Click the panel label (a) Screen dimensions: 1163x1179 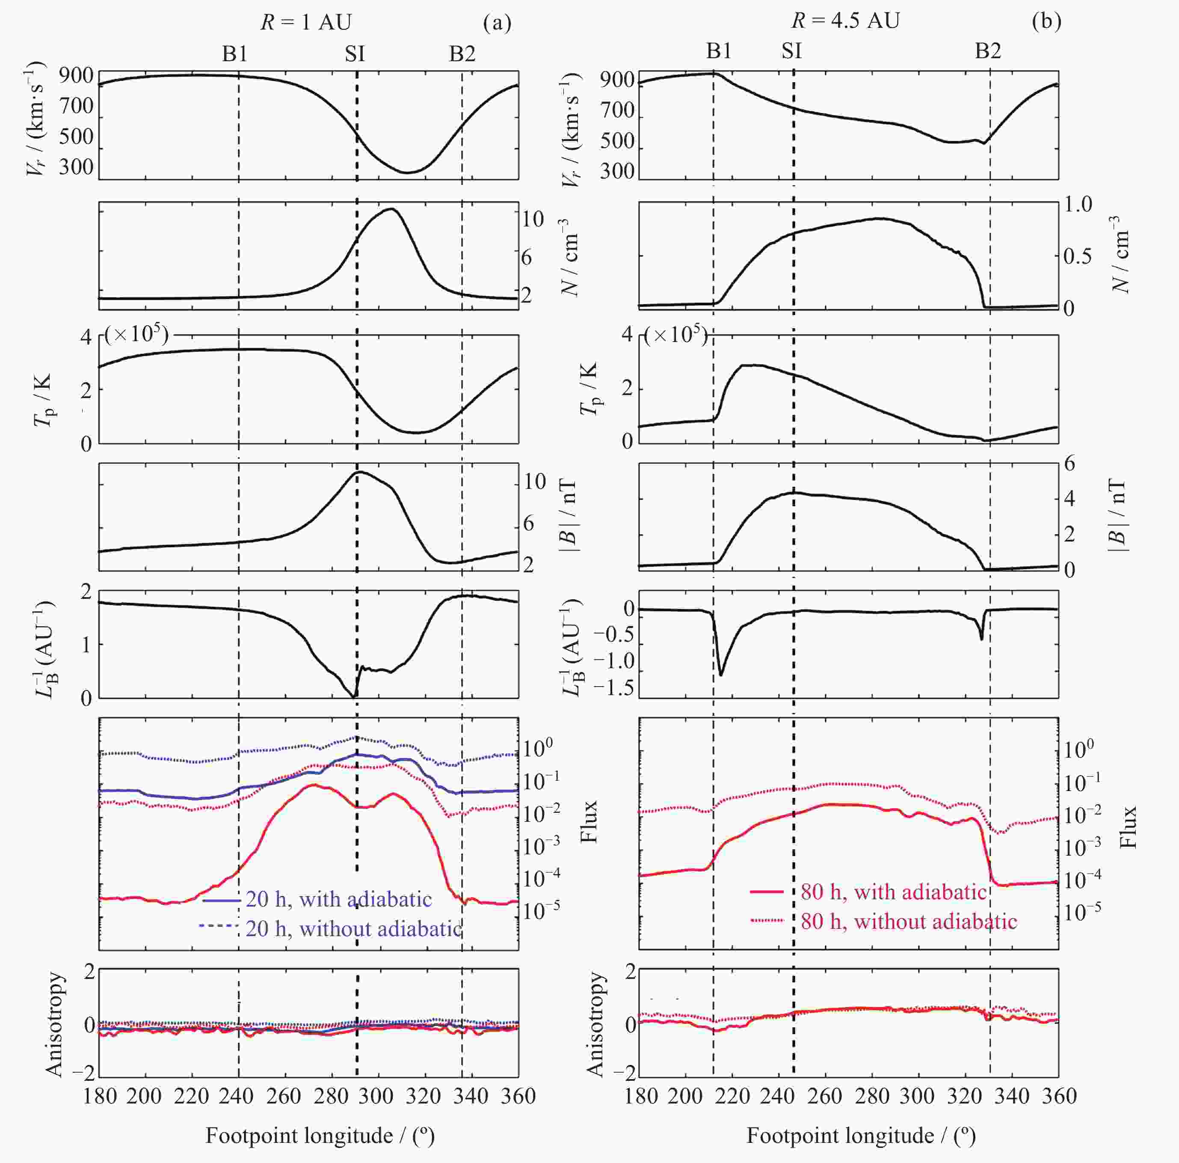(497, 23)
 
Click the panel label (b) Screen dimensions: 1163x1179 (1046, 21)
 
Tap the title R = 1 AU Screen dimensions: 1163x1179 (306, 23)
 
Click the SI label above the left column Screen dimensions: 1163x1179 (355, 54)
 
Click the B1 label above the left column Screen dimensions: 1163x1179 (235, 54)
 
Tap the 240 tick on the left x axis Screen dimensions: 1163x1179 (236, 1096)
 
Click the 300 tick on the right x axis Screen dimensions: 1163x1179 (917, 1096)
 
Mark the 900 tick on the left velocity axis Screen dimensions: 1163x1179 (76, 76)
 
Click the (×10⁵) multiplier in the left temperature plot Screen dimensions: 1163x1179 (136, 335)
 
